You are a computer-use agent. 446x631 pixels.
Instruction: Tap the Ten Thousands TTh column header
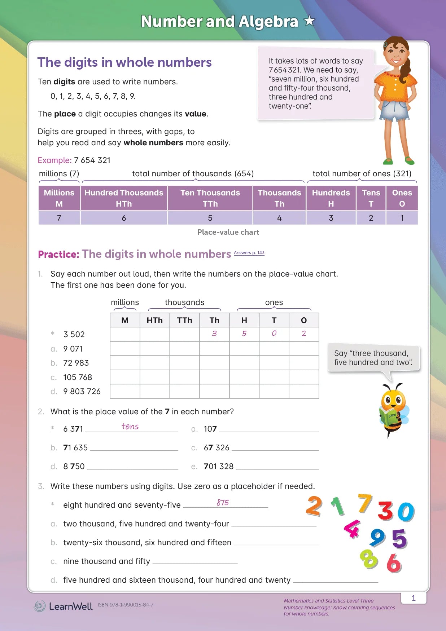(210, 198)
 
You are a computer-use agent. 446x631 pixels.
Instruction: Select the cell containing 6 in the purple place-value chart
(124, 218)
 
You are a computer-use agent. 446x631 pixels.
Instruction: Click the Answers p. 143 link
(249, 253)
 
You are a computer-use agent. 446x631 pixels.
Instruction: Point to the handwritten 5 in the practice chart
(244, 334)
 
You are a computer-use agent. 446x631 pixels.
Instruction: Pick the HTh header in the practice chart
(154, 320)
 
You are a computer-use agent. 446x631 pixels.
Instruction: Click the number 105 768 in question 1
(78, 377)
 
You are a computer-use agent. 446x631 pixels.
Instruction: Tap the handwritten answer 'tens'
(130, 427)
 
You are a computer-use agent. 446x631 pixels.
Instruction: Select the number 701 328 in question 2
(219, 466)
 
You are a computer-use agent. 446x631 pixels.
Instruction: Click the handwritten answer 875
(223, 502)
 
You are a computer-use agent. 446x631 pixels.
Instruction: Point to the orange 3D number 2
(314, 506)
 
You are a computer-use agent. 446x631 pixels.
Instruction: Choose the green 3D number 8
(369, 559)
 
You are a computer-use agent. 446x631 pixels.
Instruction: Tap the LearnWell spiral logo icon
(40, 606)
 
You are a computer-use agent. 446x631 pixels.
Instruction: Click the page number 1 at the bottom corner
(414, 598)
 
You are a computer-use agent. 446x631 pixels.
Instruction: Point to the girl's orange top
(395, 85)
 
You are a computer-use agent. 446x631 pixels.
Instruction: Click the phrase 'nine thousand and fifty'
(106, 561)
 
